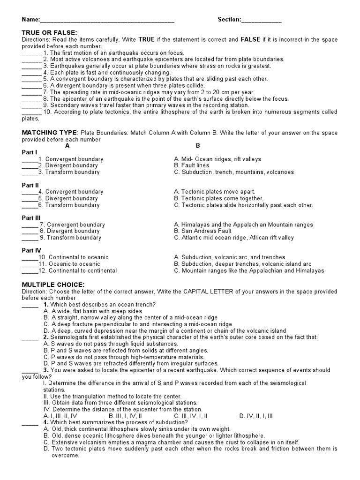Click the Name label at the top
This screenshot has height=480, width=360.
coord(30,20)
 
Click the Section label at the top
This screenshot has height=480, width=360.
coord(229,20)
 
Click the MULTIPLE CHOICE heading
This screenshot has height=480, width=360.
coord(53,285)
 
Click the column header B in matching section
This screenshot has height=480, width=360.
coord(198,145)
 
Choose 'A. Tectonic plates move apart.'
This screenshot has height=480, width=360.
coord(214,192)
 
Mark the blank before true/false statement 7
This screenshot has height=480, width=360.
coord(31,92)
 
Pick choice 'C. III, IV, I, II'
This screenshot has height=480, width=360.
coord(191,416)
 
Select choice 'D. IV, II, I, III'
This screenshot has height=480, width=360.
coord(256,416)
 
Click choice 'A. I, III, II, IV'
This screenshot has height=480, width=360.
coord(60,416)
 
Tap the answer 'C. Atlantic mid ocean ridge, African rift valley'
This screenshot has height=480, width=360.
coord(233,238)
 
